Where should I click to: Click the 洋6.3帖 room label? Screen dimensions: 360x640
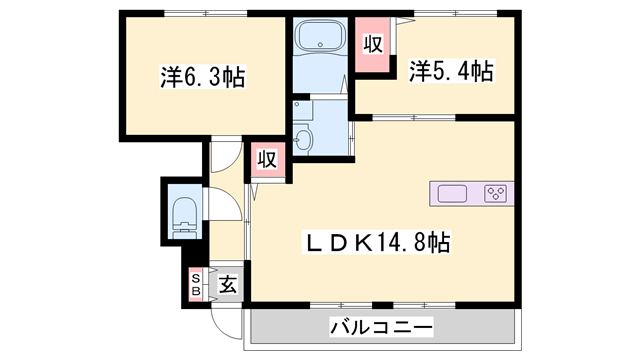click(203, 76)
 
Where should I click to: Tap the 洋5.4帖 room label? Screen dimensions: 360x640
click(451, 70)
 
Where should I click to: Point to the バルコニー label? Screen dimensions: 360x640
click(380, 327)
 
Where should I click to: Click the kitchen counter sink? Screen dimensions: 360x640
click(451, 192)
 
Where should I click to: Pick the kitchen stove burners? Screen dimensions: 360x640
click(497, 193)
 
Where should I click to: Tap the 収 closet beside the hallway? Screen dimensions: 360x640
click(267, 158)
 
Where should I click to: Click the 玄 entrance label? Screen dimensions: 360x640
click(228, 284)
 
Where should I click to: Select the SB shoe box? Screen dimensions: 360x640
click(196, 284)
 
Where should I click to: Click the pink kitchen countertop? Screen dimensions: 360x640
click(471, 193)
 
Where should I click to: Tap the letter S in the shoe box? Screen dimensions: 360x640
click(196, 277)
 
